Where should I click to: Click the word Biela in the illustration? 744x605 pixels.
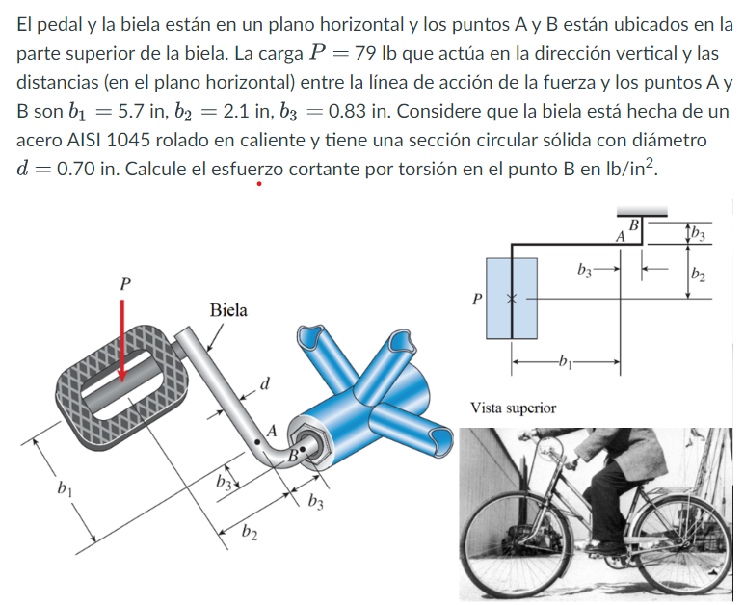click(x=227, y=310)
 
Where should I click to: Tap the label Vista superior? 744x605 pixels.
click(x=513, y=408)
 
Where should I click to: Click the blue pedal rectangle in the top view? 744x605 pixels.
click(x=512, y=298)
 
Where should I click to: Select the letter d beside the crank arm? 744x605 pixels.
click(x=265, y=385)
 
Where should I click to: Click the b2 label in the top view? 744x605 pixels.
click(x=699, y=277)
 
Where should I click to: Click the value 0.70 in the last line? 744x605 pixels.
click(x=78, y=170)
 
